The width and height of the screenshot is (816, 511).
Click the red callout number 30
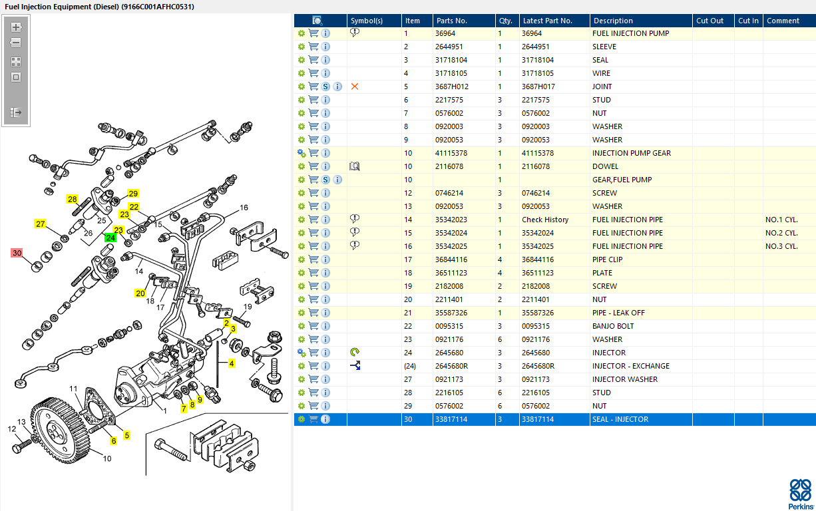tap(17, 253)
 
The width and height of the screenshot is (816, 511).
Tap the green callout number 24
tap(110, 238)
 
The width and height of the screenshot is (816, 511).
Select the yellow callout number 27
tap(40, 224)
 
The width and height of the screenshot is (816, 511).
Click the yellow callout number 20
tap(140, 293)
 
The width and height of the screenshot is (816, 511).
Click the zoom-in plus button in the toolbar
tap(16, 27)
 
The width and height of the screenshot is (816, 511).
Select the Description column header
tap(613, 21)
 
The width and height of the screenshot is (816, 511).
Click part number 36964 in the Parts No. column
tap(445, 33)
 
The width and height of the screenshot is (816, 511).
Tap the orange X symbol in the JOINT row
tap(355, 86)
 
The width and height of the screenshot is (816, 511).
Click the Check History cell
tap(545, 220)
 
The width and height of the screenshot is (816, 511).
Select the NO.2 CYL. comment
tap(781, 233)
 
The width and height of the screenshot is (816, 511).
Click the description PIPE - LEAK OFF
tap(618, 313)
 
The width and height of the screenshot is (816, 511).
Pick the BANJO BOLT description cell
tap(613, 326)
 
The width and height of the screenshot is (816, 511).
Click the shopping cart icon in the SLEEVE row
tap(313, 47)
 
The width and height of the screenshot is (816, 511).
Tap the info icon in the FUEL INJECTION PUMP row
tap(325, 33)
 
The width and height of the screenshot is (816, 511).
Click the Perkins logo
tap(801, 494)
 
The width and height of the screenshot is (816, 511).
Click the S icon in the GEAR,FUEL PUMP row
tap(325, 180)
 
